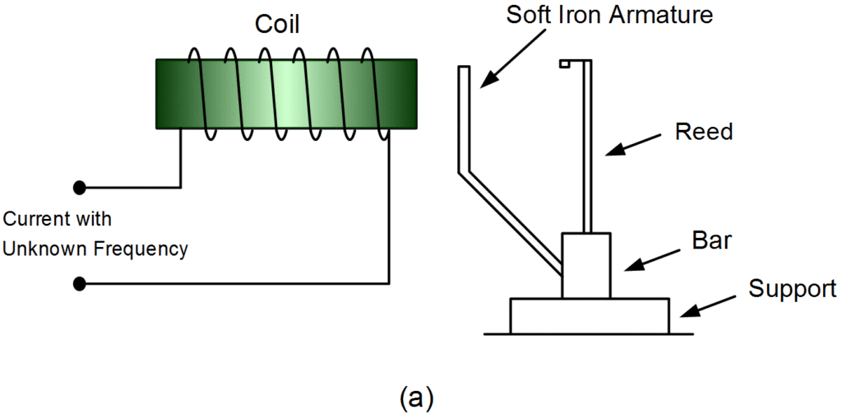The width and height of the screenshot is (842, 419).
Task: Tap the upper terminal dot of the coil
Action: coord(80,187)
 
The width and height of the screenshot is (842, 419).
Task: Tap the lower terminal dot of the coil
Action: coord(80,285)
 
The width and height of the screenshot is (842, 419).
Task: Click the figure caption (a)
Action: coord(415,398)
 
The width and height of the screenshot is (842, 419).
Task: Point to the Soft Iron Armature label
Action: coord(610,15)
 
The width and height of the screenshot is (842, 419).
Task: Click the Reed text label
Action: coord(703,132)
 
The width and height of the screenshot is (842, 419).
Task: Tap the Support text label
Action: coord(792,289)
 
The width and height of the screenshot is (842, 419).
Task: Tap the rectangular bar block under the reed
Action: coord(585,265)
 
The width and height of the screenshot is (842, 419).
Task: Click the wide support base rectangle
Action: coord(589,316)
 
